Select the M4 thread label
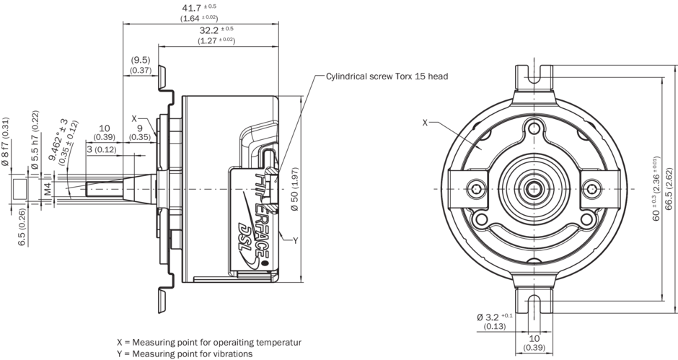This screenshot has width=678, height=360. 48,189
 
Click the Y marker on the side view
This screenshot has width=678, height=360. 295,240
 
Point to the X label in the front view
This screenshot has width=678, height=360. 426,123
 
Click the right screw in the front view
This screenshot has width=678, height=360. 591,189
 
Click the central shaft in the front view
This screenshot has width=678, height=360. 533,189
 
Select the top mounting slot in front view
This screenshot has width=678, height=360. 533,75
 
